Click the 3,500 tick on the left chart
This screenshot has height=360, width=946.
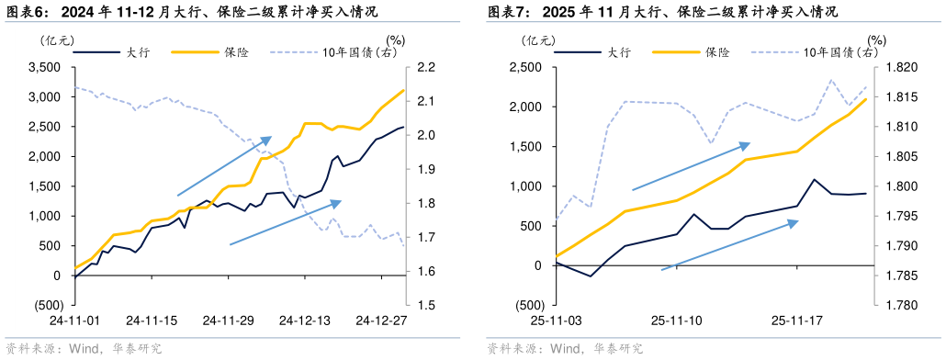(45, 67)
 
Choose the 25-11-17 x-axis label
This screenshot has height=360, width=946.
(795, 321)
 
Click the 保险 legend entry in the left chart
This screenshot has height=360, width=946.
(234, 52)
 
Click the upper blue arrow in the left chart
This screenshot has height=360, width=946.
(224, 166)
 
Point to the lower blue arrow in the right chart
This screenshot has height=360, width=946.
(730, 245)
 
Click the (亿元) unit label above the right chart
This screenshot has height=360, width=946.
(538, 39)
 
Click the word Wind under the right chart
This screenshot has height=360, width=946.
(565, 349)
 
